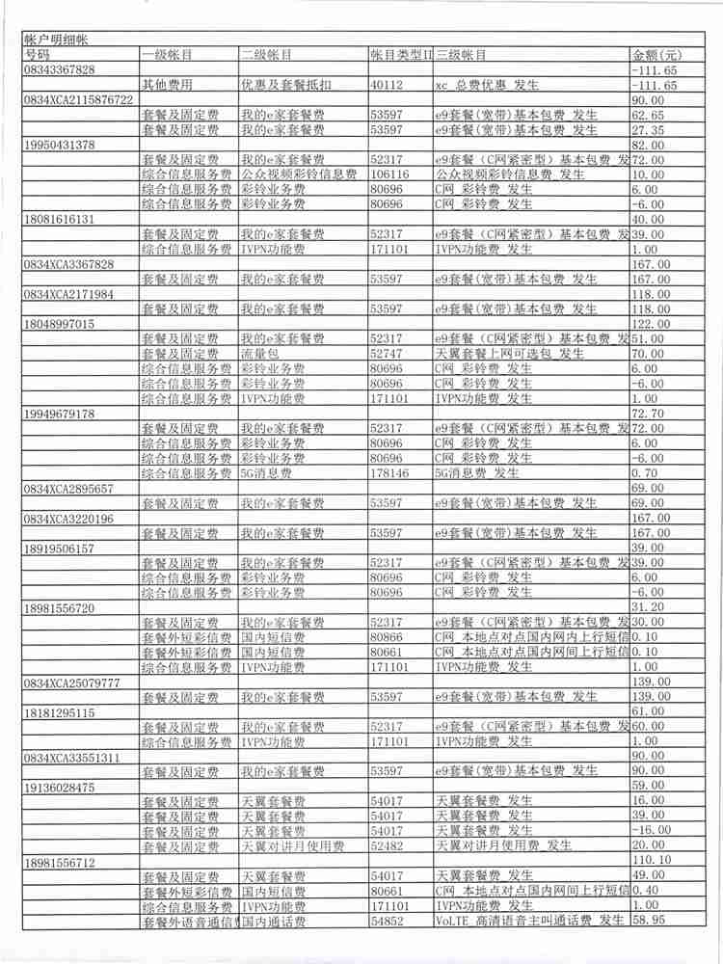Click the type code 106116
pos(390,174)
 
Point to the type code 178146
pos(390,472)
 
